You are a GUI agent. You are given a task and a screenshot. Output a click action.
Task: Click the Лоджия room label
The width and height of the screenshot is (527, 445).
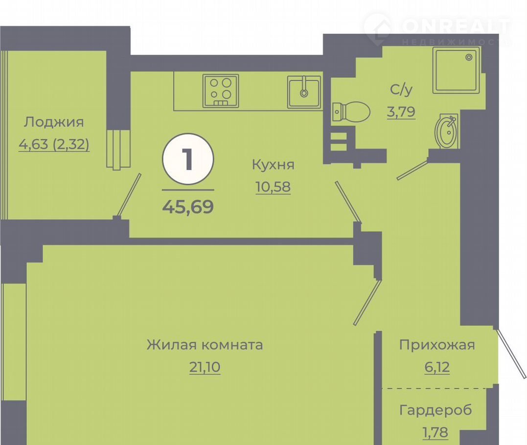pos(54,123)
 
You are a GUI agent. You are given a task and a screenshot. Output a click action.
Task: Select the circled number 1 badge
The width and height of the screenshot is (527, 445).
pos(188,159)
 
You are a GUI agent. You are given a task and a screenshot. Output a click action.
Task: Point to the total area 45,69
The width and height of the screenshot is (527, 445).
pos(188,206)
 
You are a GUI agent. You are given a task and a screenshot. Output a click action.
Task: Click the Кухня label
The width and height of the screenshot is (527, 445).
pos(273,165)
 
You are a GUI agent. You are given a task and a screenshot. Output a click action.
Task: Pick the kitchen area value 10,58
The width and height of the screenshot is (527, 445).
pos(273,187)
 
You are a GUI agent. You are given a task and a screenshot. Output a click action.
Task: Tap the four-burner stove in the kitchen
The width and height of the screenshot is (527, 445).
pos(221,91)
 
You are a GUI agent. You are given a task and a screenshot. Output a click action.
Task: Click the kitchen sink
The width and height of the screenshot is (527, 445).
pos(304,92)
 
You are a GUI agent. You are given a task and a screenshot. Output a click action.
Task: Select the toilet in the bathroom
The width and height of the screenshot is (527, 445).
pos(351,111)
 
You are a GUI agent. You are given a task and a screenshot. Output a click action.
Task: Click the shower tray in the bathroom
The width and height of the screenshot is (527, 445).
pos(456,70)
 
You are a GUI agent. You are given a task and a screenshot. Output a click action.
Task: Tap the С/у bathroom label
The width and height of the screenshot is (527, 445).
pos(401,89)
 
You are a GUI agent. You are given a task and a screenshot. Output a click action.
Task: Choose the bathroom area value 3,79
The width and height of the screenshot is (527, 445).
pos(401,111)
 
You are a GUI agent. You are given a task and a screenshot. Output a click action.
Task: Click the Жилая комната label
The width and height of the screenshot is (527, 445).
pos(205,345)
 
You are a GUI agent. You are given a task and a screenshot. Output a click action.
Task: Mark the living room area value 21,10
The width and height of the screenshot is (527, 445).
pos(205,367)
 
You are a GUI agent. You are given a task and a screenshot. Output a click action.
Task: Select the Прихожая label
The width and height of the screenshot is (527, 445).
pos(437,345)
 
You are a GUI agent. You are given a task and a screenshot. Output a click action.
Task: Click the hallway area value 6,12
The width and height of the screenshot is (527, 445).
pos(437,367)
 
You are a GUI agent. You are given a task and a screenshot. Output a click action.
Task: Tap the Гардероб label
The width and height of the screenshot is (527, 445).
pos(435,410)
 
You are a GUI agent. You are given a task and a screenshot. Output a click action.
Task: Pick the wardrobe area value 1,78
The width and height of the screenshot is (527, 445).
pos(435,433)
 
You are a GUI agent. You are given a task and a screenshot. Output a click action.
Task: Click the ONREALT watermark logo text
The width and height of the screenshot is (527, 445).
pos(456,26)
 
